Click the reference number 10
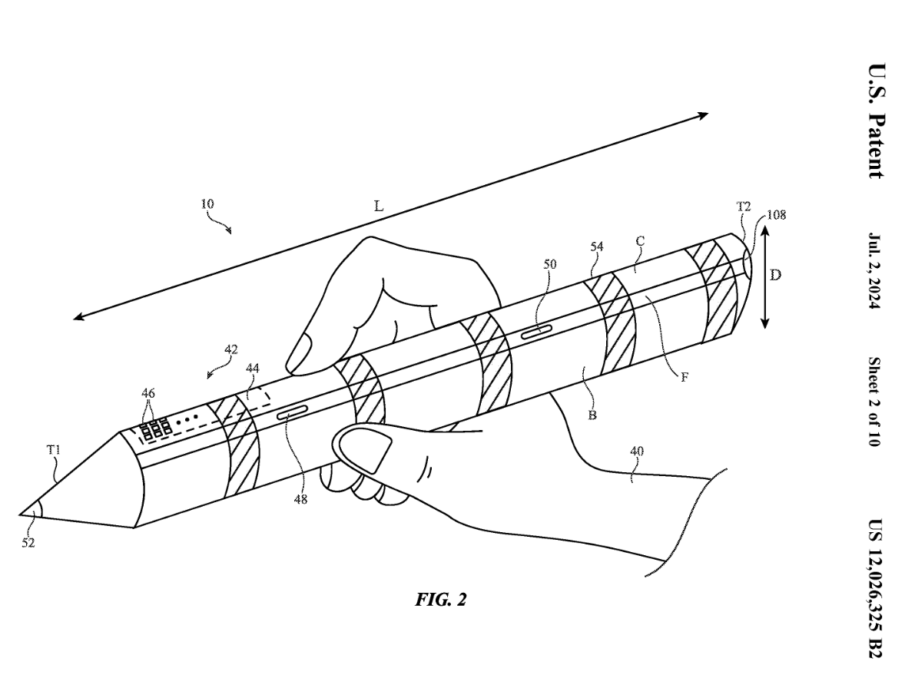coord(207,203)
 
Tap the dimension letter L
coord(379,206)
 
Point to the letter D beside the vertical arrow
coord(775,275)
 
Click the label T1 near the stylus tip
coord(54,449)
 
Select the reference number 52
coord(28,543)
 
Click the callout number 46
coord(148,393)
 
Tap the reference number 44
coord(253,368)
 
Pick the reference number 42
coord(231,349)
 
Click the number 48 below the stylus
coord(300,500)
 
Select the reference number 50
coord(550,264)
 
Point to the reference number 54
coord(597,247)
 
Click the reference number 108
coord(776,215)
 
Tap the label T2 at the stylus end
coord(744,207)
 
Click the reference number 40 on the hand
coord(637,451)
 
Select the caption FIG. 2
coord(440,600)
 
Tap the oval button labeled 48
coord(293,413)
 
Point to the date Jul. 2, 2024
coord(875,270)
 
